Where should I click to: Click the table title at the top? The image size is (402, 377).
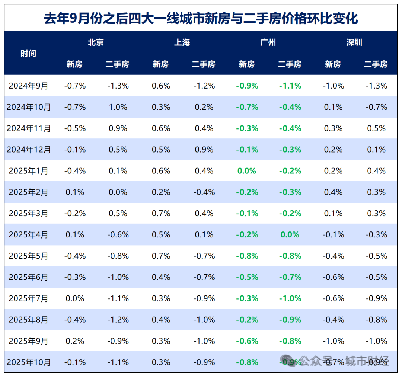pos(201,18)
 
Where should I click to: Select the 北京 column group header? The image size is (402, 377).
pos(96,42)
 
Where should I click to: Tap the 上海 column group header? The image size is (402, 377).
pos(182,42)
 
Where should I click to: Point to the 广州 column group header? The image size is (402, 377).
pos(268,42)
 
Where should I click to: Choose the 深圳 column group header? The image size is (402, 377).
pos(354,42)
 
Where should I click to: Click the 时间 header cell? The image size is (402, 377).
pos(28,53)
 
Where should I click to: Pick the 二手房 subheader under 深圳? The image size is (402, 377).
pos(376,64)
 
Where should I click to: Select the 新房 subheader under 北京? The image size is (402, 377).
pos(74,64)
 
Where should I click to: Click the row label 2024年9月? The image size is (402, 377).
pos(29,86)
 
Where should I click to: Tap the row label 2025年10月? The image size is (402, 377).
pos(29,362)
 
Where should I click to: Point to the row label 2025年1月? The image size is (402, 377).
pos(29,171)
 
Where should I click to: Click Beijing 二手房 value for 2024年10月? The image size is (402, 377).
pos(118,107)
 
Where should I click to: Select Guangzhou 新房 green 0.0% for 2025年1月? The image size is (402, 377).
pos(247,171)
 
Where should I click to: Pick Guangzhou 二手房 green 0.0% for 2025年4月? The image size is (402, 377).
pos(290,235)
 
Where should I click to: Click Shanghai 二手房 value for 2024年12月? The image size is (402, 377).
pos(204,150)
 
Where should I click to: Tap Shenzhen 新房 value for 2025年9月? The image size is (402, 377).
pos(333,341)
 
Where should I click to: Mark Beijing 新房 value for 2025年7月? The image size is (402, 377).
pos(75,298)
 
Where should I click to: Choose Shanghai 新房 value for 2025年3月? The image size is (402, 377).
pos(161,214)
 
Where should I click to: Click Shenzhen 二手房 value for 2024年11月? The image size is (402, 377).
pos(376,128)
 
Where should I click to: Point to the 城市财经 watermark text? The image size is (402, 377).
pos(367,361)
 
